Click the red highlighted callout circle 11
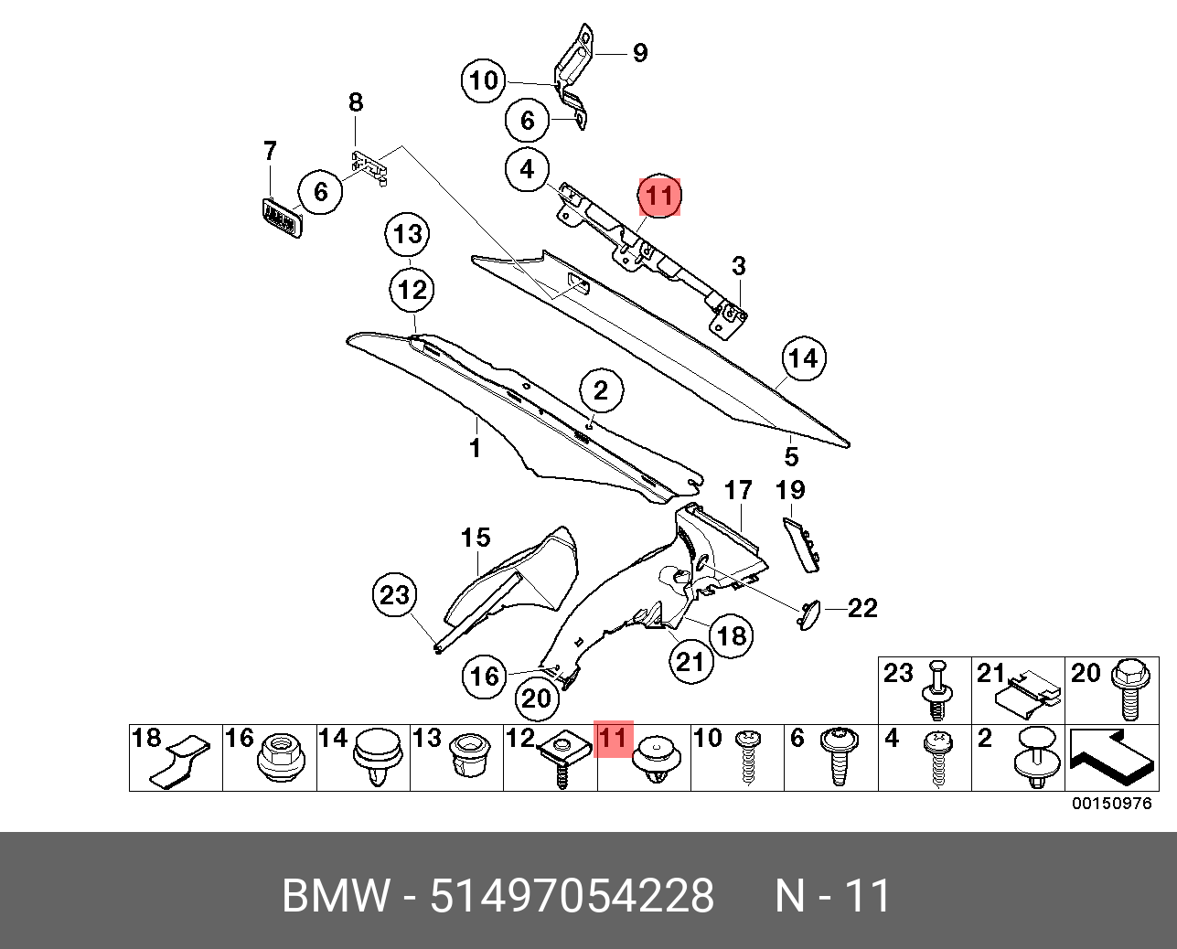point(659,196)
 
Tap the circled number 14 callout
point(803,357)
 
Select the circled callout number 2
point(600,391)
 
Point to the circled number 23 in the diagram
point(394,595)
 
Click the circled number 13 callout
point(408,234)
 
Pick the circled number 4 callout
point(528,169)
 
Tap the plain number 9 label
point(640,53)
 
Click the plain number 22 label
point(862,608)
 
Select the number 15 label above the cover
point(476,538)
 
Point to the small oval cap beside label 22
point(808,614)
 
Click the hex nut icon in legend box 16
point(282,758)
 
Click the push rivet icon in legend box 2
point(1034,759)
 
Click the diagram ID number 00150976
point(1112,804)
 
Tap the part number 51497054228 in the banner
point(572,895)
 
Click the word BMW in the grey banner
point(335,895)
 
